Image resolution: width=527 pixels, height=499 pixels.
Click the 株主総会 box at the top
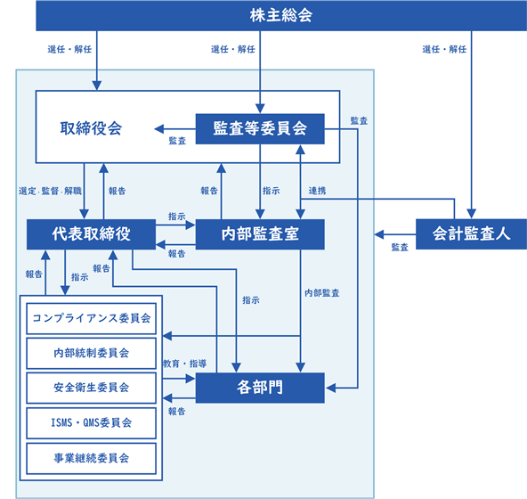(x=281, y=15)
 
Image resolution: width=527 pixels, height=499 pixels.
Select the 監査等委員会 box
(x=260, y=129)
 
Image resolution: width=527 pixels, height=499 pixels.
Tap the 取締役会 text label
(x=91, y=128)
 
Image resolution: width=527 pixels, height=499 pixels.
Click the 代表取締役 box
(x=91, y=234)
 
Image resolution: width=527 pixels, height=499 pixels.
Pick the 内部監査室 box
(x=260, y=234)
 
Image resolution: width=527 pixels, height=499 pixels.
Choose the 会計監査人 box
(x=471, y=233)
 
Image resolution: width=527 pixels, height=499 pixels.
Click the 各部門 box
(x=260, y=388)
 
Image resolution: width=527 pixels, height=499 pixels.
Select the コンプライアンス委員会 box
(x=91, y=318)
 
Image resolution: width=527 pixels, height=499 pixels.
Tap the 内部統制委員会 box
(x=91, y=353)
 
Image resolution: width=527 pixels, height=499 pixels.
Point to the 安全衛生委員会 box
(x=91, y=388)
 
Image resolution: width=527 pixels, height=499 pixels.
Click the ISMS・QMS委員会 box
(x=91, y=423)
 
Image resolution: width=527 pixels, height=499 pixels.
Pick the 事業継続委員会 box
(x=91, y=458)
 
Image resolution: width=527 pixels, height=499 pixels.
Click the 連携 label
(x=317, y=191)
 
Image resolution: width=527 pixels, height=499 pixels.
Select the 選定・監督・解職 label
(x=50, y=191)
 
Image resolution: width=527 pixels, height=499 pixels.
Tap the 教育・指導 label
(x=184, y=364)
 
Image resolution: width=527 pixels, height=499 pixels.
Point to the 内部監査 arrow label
(x=322, y=293)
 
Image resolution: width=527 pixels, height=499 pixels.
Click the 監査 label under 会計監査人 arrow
(x=400, y=248)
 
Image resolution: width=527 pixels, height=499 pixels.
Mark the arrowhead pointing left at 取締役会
(x=159, y=129)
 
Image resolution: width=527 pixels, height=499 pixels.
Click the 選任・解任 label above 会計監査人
(x=444, y=50)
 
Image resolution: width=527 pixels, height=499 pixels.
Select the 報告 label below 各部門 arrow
(x=177, y=411)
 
